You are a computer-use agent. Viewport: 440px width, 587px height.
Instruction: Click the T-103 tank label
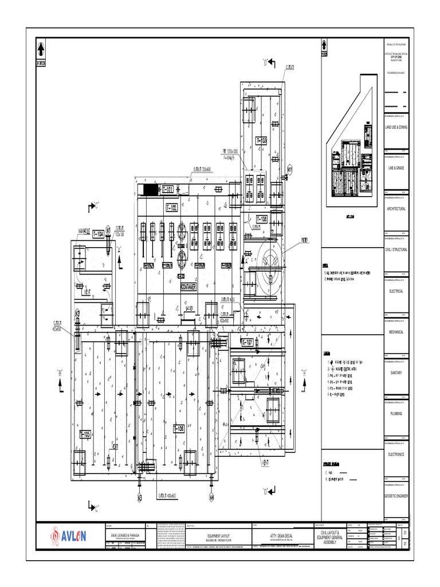point(261,140)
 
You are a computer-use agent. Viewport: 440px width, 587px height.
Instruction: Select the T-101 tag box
point(168,189)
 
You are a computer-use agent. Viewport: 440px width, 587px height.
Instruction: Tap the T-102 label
point(171,207)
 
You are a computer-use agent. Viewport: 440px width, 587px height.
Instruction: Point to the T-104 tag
point(99,234)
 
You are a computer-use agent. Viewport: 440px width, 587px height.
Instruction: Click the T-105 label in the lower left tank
point(84,434)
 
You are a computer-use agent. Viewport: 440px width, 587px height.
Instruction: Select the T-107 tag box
point(247,342)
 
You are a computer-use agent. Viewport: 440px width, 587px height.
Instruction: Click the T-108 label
point(261,218)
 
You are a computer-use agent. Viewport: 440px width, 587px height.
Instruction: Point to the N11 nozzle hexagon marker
point(290,170)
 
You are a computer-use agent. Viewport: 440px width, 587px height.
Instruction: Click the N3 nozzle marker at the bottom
point(139,498)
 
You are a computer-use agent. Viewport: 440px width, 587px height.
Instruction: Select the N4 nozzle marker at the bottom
point(211,498)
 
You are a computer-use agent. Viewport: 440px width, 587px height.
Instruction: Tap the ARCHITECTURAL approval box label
point(397,209)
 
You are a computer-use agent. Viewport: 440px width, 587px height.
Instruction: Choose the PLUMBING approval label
point(397,413)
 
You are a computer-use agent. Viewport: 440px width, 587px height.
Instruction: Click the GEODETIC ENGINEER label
point(397,496)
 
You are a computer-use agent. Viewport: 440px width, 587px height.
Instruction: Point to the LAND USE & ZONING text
point(397,127)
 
